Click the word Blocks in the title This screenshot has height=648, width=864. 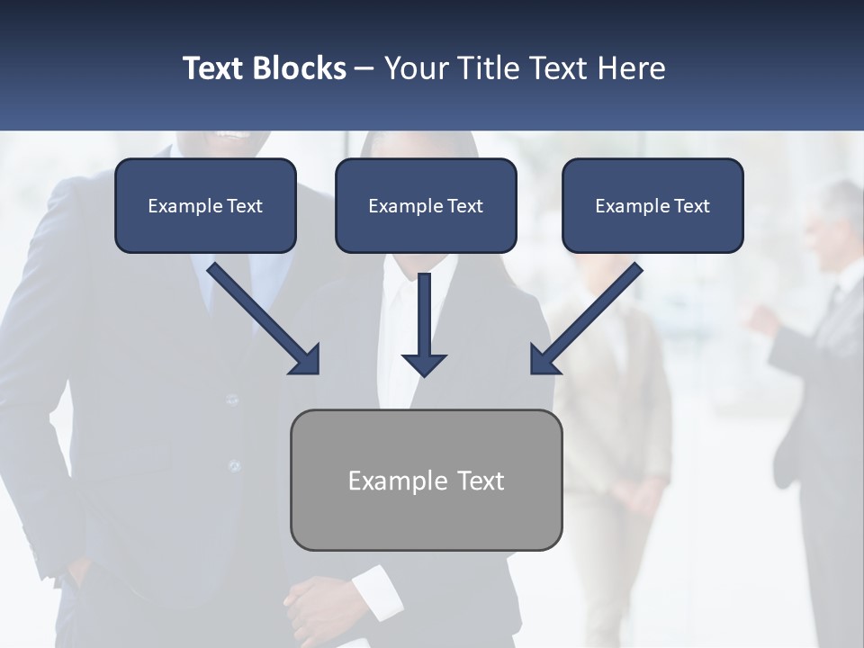click(300, 68)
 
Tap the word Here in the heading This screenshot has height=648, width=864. click(631, 68)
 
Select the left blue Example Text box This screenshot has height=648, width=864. click(205, 206)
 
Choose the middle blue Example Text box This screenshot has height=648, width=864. click(426, 206)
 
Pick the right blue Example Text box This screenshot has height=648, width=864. click(652, 206)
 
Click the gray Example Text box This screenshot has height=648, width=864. click(426, 481)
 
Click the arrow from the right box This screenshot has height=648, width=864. click(589, 315)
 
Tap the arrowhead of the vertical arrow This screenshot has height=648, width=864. click(424, 364)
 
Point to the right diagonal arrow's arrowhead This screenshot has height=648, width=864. click(543, 360)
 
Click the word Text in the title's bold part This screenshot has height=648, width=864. click(215, 68)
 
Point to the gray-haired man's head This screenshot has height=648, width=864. click(841, 216)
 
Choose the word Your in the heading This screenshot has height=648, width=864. click(415, 68)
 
